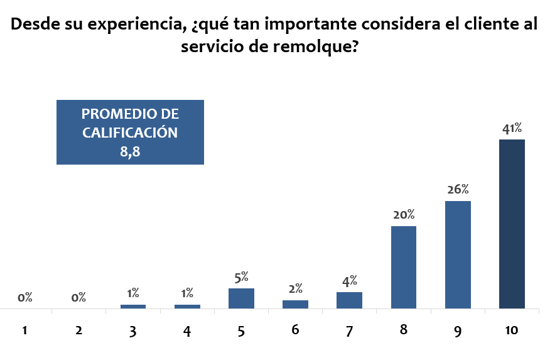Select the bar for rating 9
458,254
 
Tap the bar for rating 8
404,267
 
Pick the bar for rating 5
241,298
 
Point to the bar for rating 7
349,300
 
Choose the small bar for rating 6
295,304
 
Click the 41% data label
512,129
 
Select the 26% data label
458,190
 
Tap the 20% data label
404,215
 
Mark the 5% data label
242,276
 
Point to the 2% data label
296,289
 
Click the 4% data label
350,280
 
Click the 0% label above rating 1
25,298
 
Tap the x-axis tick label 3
133,331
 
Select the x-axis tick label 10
512,331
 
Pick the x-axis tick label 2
79,331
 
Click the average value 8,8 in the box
130,150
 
